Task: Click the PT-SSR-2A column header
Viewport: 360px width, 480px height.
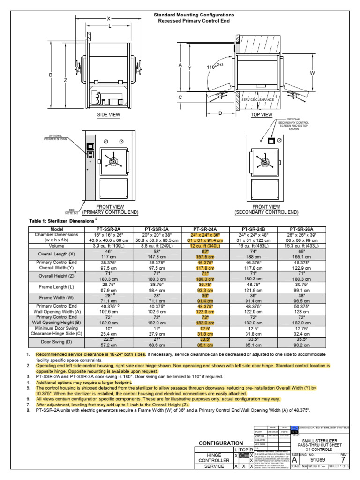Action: pos(108,229)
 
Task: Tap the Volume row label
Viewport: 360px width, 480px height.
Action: pos(56,244)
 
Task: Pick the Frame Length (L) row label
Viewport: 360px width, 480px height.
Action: pos(56,285)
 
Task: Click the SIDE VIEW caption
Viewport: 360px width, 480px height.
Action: pos(109,115)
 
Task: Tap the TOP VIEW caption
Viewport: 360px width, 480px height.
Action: pos(262,115)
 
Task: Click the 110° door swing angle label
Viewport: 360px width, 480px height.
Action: pos(214,66)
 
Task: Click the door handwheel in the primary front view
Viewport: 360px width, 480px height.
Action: pos(112,161)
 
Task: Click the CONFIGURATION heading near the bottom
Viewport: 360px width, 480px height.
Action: pos(221,443)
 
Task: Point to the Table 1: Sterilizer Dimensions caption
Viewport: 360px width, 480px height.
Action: pos(62,221)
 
